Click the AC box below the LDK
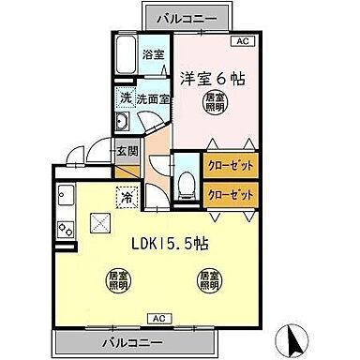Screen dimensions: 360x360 [152, 318]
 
